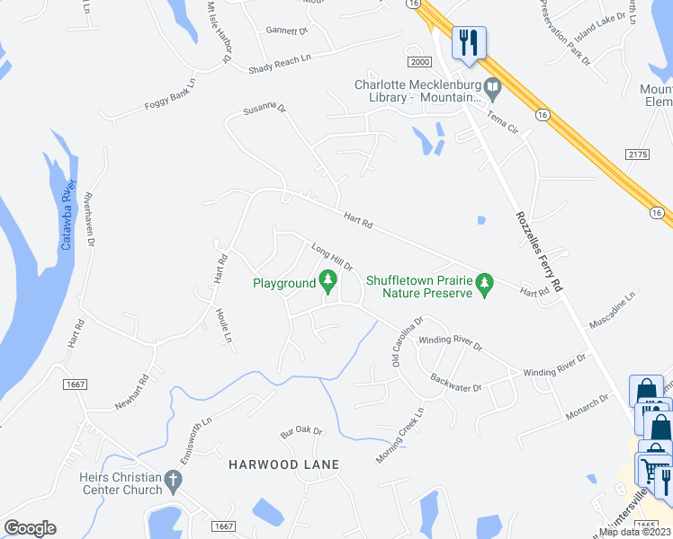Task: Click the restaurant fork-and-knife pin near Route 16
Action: [x=469, y=42]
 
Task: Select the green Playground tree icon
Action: [x=329, y=283]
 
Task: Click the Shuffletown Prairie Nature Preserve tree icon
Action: [x=485, y=285]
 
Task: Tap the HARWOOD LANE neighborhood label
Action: [x=283, y=464]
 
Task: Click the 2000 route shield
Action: [x=418, y=60]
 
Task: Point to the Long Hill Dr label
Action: [x=331, y=256]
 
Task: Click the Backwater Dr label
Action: [x=456, y=382]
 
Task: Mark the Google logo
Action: [x=30, y=527]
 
